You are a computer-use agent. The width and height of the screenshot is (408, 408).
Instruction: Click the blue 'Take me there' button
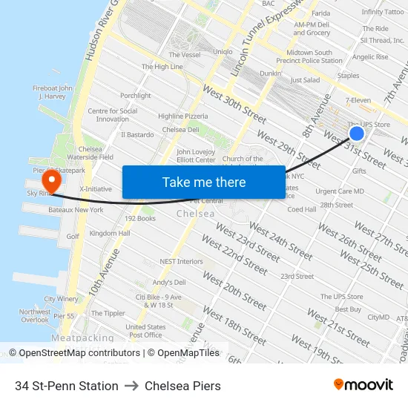[x=203, y=182]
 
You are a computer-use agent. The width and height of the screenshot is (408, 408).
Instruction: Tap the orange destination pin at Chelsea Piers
[x=51, y=180]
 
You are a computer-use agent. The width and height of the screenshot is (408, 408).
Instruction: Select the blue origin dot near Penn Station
[x=357, y=134]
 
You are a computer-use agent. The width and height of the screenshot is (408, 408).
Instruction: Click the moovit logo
[x=363, y=385]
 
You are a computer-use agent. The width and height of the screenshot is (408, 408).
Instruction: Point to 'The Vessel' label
[x=184, y=55]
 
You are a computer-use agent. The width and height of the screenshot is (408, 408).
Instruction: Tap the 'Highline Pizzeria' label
[x=183, y=116]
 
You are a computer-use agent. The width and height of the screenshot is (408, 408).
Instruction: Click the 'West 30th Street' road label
[x=234, y=106]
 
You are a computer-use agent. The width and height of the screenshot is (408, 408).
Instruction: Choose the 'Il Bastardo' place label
[x=137, y=135]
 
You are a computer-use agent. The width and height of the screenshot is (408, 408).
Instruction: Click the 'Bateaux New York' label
[x=76, y=210]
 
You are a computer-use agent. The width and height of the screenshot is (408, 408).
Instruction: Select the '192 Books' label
[x=139, y=219]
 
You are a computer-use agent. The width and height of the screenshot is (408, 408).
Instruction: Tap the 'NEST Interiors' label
[x=181, y=261]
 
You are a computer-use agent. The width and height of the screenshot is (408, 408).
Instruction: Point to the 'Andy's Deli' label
[x=169, y=283]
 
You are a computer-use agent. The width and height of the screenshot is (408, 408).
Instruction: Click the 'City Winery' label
[x=61, y=299]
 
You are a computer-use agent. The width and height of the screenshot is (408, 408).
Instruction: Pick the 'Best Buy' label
[x=348, y=309]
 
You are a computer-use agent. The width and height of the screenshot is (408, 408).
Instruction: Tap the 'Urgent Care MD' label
[x=340, y=191]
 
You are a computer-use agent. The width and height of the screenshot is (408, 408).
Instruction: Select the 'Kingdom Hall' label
[x=109, y=233]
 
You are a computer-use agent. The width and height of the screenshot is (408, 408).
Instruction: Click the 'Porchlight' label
[x=135, y=96]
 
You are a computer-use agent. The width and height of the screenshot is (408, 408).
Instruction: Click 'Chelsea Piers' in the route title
[x=182, y=386]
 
